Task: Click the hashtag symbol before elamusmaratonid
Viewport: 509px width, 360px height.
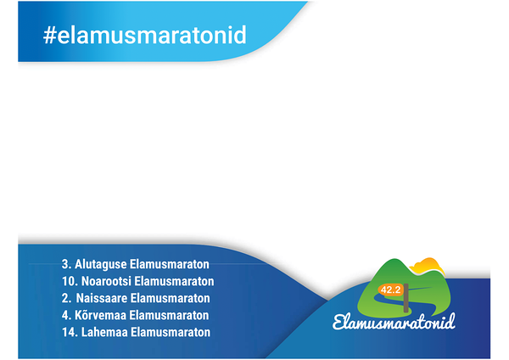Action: tap(50, 35)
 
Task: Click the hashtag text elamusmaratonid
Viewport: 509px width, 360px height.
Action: tap(152, 35)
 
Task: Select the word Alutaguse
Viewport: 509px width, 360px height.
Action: tap(101, 264)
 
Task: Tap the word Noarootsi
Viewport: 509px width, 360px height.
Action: tap(106, 281)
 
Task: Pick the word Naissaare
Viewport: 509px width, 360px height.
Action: tap(102, 298)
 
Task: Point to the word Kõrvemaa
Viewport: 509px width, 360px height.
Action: tap(101, 315)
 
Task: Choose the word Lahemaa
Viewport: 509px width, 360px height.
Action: tap(104, 332)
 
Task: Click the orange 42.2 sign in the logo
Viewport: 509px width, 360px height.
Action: tap(390, 290)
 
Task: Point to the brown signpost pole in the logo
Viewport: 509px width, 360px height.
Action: tap(406, 298)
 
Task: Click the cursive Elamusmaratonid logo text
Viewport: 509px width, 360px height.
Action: tap(394, 322)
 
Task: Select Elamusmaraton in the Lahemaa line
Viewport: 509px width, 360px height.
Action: tap(171, 332)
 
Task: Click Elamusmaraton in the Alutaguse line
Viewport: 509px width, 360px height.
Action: tap(170, 264)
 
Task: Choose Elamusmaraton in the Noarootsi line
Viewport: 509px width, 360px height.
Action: tap(174, 281)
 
